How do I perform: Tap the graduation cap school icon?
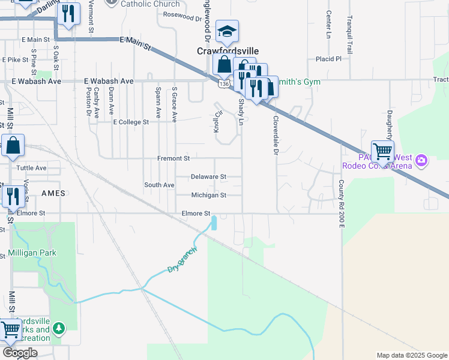pos(227,32)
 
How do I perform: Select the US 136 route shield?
pos(223,85)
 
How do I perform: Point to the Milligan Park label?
pos(32,253)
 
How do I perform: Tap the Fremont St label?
pos(173,158)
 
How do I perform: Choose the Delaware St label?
pos(208,177)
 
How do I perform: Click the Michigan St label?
pos(208,195)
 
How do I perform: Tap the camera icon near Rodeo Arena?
pos(421,160)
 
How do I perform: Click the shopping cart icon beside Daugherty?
pos(382,151)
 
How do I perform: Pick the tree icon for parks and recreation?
pos(58,328)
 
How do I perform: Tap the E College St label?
pos(131,122)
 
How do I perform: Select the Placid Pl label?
pos(328,59)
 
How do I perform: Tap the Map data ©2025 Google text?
pos(411,355)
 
